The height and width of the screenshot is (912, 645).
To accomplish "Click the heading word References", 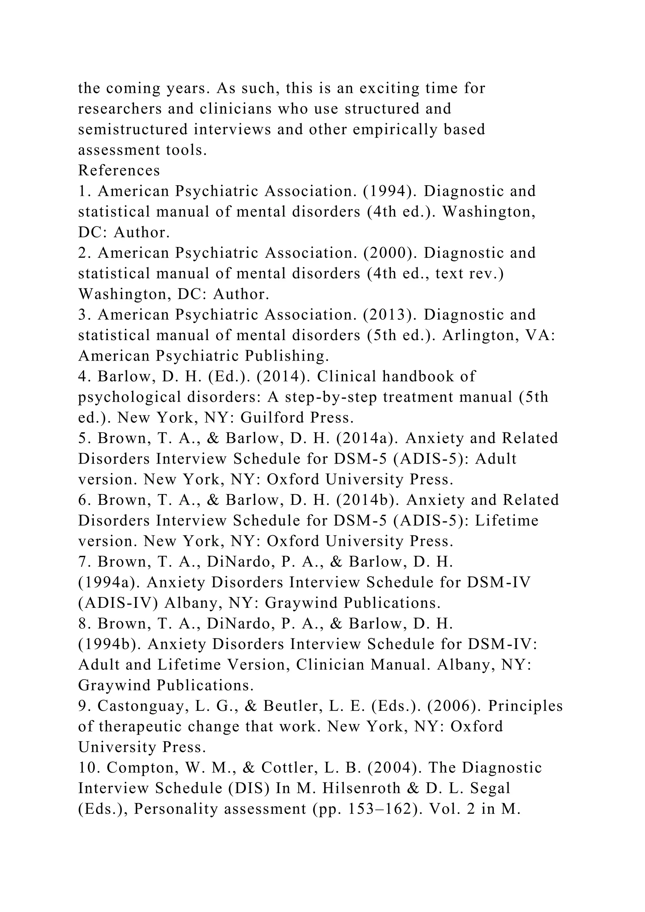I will [x=119, y=170].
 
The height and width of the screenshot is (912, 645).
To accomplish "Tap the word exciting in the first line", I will [x=389, y=88].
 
